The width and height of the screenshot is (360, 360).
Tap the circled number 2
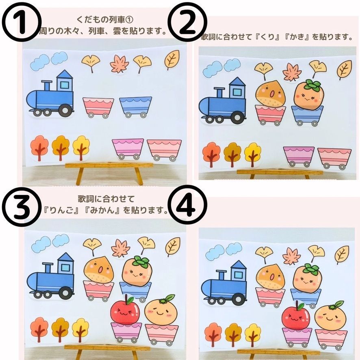tap(188, 22)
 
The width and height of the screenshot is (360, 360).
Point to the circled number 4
tap(188, 205)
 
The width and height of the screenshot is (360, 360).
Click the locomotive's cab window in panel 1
tap(65, 85)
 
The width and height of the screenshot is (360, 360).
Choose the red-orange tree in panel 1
tap(39, 147)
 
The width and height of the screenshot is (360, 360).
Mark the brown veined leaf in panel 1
tap(172, 59)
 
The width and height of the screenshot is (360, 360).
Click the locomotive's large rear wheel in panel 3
tap(65, 293)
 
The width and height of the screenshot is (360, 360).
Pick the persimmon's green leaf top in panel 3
tap(141, 262)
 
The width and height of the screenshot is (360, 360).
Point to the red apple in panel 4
tap(296, 315)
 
